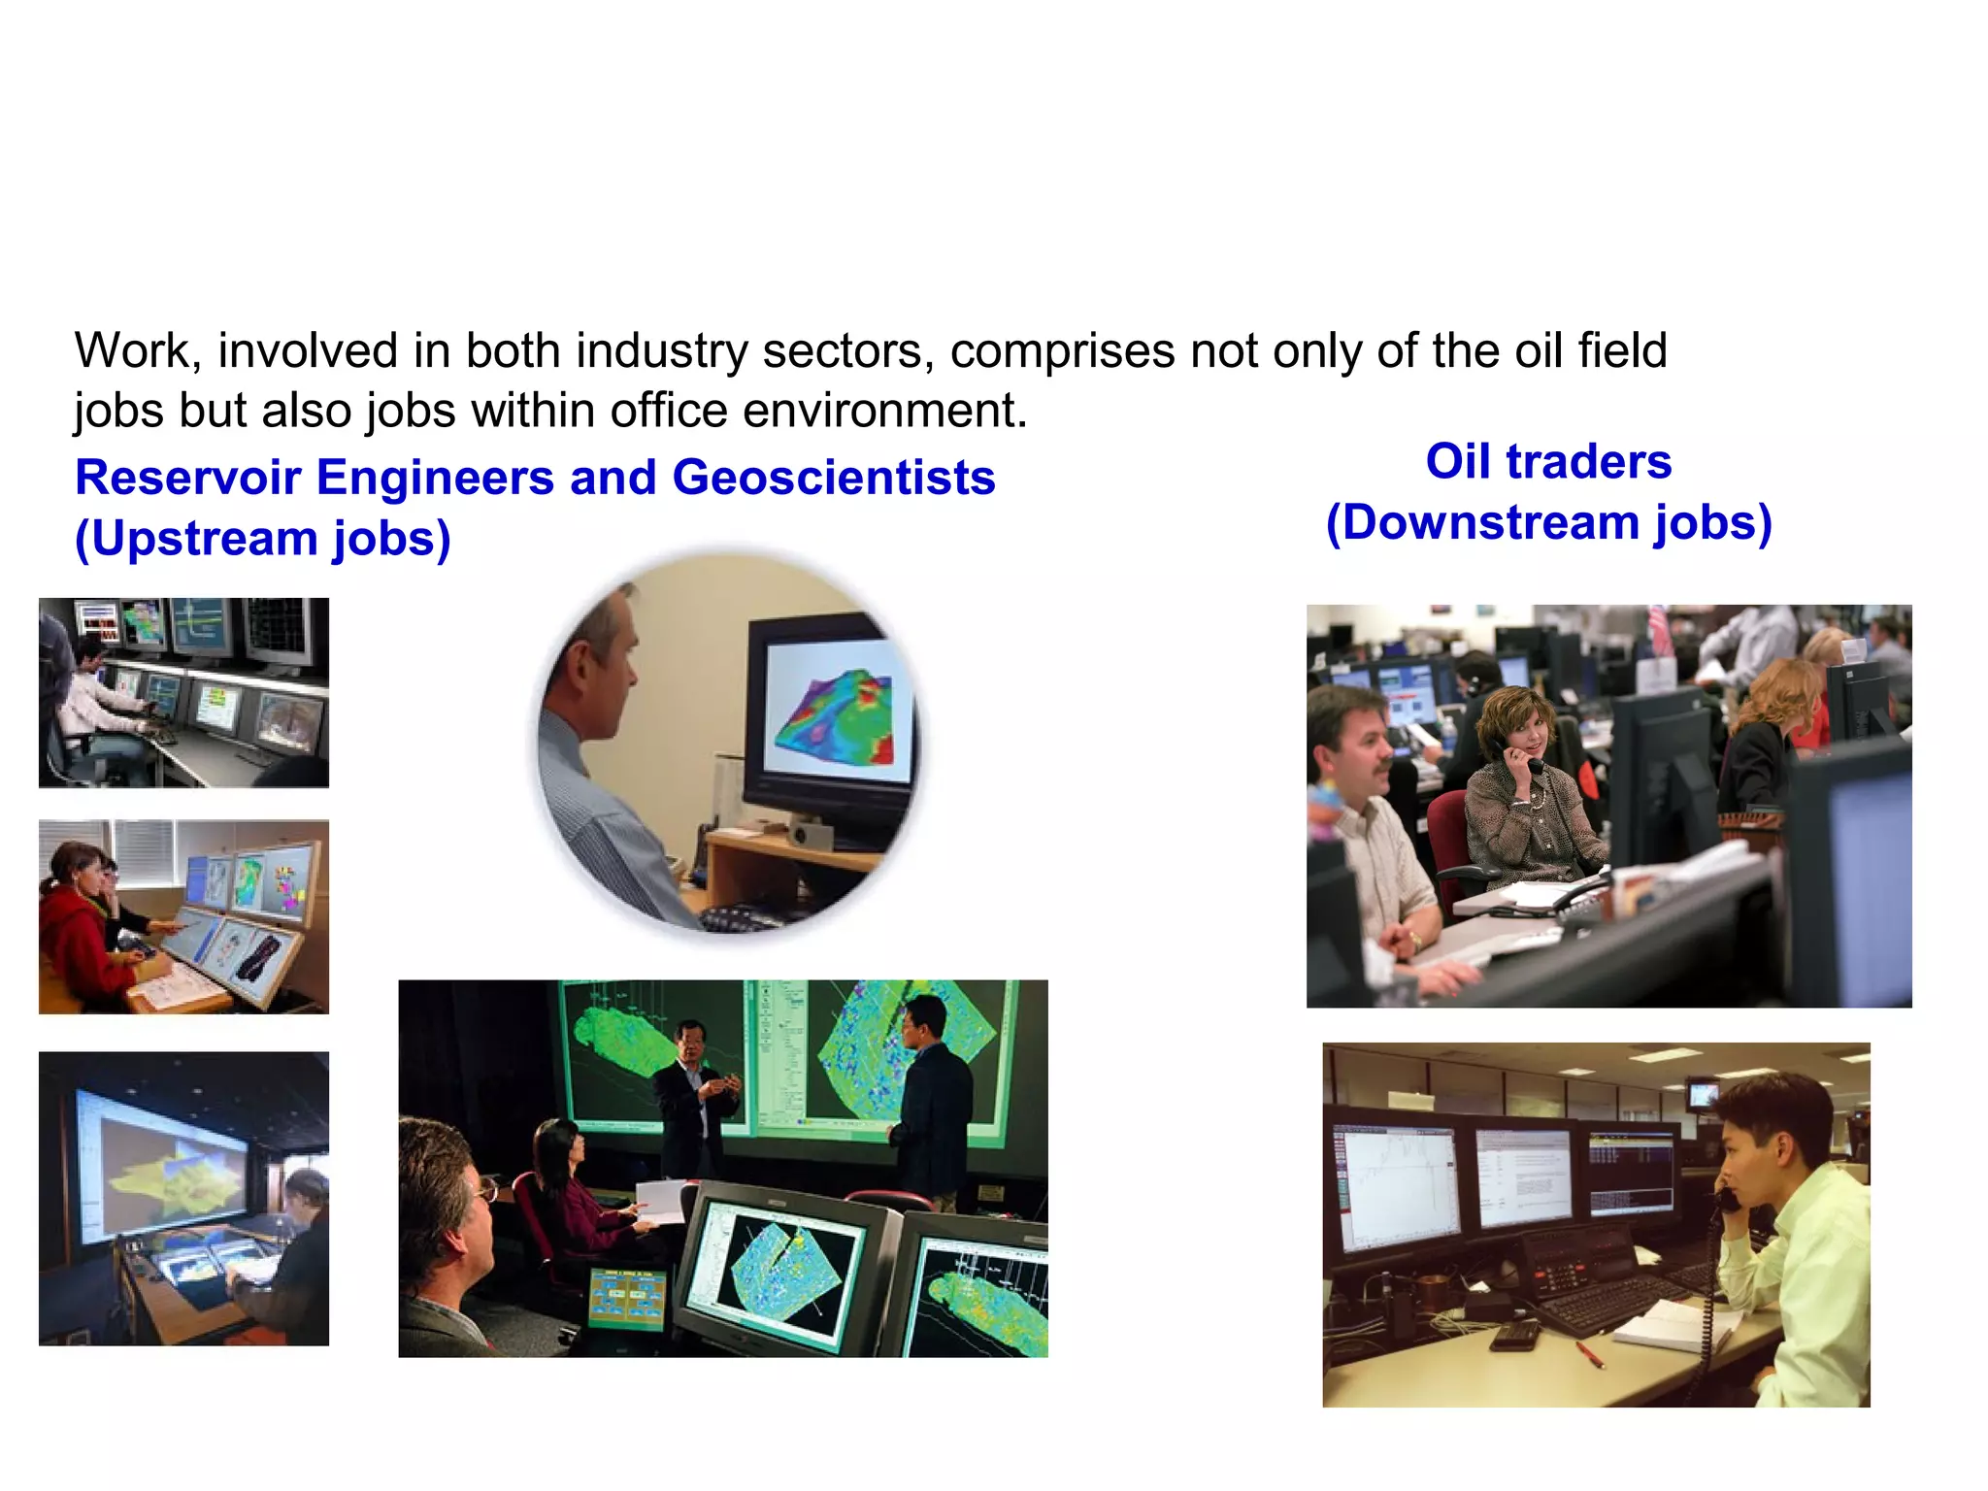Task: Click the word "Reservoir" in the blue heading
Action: (x=187, y=478)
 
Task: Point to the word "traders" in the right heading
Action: (x=1589, y=461)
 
